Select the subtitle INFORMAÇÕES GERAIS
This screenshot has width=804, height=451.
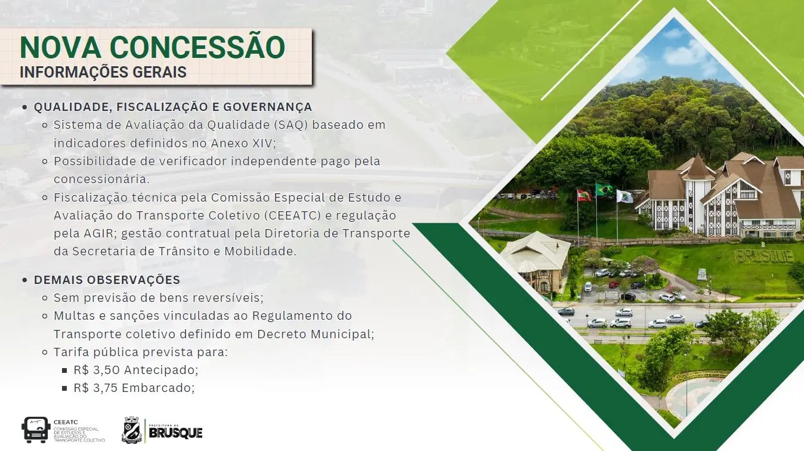pos(103,72)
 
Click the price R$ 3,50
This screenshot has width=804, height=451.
pos(97,370)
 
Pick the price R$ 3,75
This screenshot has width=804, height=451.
pos(96,388)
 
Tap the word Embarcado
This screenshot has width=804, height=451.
pos(156,388)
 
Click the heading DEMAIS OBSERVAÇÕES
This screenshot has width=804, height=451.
pos(107,280)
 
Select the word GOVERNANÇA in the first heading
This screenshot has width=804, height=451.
pos(268,107)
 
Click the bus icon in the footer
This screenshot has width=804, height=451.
pos(35,429)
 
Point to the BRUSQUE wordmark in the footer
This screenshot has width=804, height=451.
pos(175,433)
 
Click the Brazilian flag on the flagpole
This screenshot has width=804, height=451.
pos(604,189)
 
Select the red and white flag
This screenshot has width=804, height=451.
pos(584,195)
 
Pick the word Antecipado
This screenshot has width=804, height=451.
pos(159,370)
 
